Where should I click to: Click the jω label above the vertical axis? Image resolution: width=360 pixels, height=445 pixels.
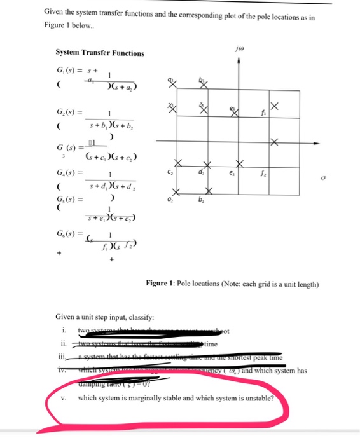click(239, 47)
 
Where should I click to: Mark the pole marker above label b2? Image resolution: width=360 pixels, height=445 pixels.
click(206, 190)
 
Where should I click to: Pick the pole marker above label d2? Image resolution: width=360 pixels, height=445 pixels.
click(206, 163)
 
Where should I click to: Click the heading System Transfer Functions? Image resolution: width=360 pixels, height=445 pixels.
click(100, 53)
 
